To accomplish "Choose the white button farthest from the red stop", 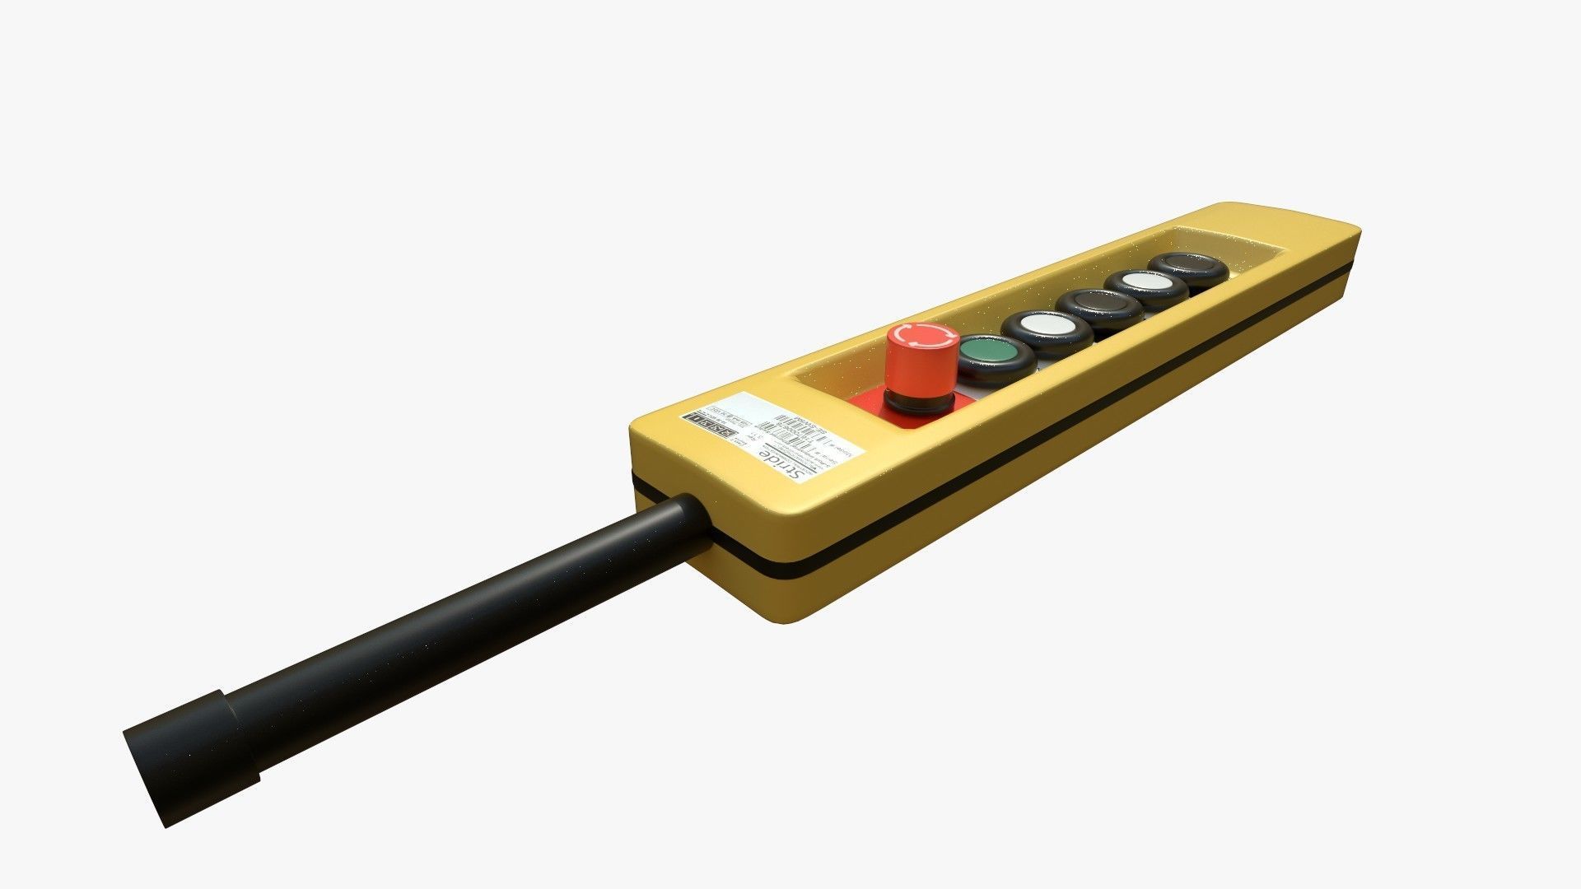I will [1145, 282].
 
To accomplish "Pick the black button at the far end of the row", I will [1187, 265].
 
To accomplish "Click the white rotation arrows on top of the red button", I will [922, 335].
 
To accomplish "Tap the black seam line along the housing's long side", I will [1070, 412].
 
